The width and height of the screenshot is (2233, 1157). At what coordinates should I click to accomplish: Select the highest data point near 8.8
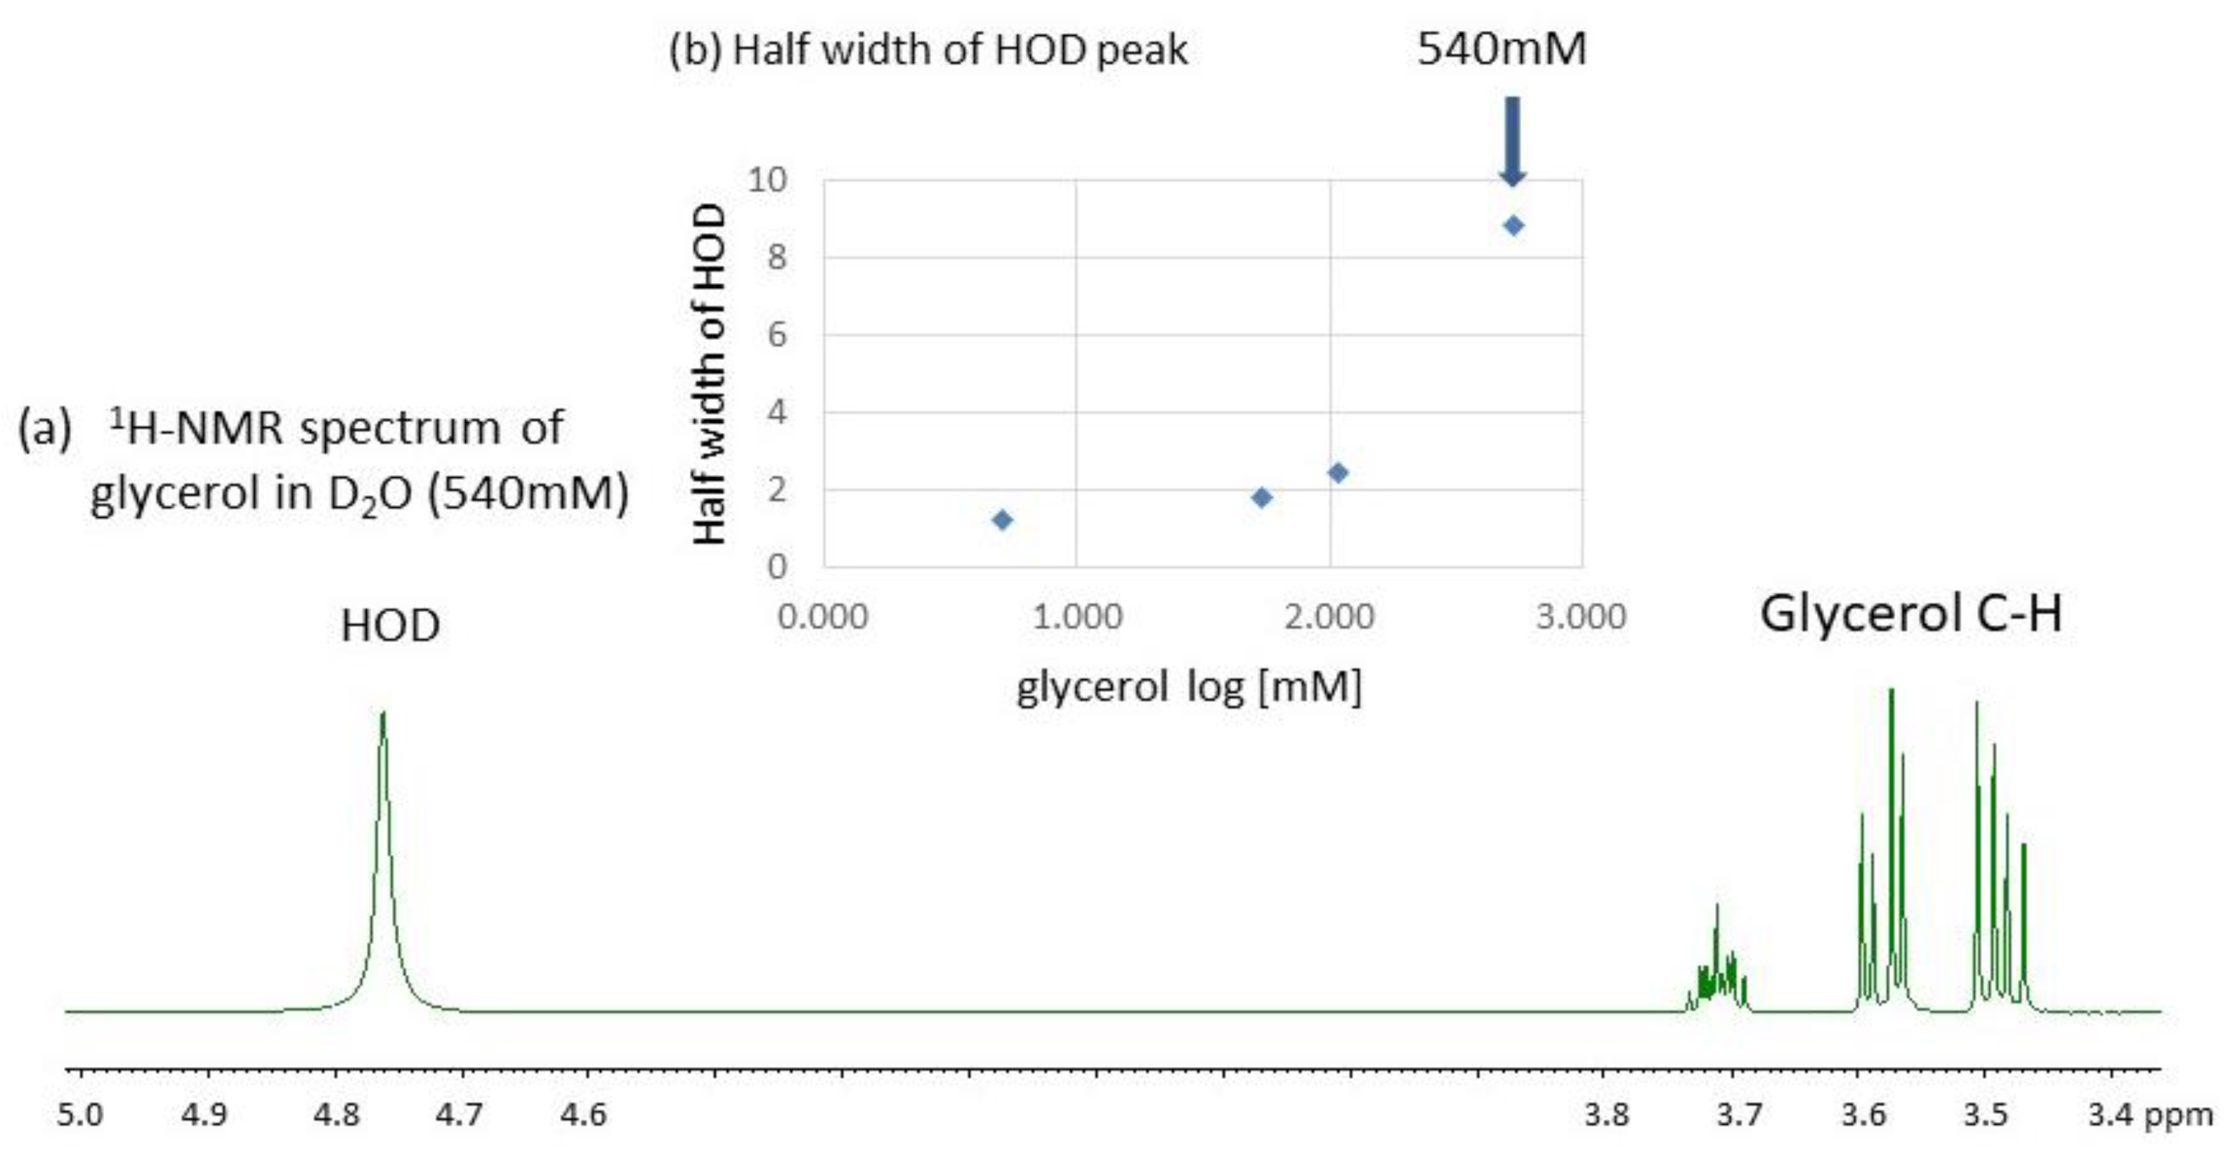pyautogui.click(x=1513, y=226)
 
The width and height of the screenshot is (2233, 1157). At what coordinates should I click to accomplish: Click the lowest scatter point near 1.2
pyautogui.click(x=1002, y=520)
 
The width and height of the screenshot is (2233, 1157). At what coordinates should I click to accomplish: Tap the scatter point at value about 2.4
pyautogui.click(x=1338, y=472)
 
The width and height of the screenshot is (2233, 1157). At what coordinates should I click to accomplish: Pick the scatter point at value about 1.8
pyautogui.click(x=1262, y=497)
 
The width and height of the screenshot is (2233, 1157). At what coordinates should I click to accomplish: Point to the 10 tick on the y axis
pyautogui.click(x=767, y=181)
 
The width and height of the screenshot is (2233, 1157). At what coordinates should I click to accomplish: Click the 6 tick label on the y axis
pyautogui.click(x=776, y=335)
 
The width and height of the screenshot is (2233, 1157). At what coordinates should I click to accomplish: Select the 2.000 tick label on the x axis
pyautogui.click(x=1329, y=617)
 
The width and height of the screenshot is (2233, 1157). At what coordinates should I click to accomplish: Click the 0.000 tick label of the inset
pyautogui.click(x=823, y=617)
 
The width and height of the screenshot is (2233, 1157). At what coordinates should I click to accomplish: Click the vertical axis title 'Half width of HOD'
pyautogui.click(x=710, y=374)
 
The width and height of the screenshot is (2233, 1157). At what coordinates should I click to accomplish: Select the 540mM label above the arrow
pyautogui.click(x=1502, y=48)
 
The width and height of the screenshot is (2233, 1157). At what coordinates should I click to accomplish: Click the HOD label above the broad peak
pyautogui.click(x=390, y=626)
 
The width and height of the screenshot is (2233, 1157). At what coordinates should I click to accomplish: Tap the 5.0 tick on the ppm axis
pyautogui.click(x=80, y=1113)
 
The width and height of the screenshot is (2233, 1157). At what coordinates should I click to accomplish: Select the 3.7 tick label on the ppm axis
pyautogui.click(x=1739, y=1113)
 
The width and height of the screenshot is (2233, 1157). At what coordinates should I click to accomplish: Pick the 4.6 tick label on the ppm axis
pyautogui.click(x=583, y=1113)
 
